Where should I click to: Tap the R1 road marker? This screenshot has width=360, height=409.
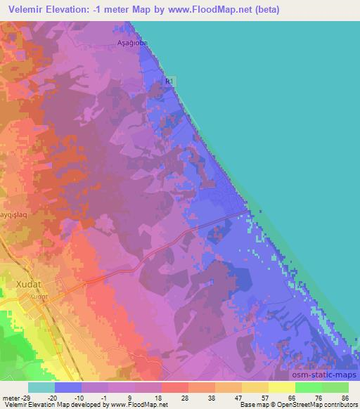tap(169, 82)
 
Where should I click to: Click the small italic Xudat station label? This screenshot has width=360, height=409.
tap(37, 297)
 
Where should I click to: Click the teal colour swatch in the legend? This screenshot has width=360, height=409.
tap(41, 387)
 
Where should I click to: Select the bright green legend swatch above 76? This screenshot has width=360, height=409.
tap(309, 387)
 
